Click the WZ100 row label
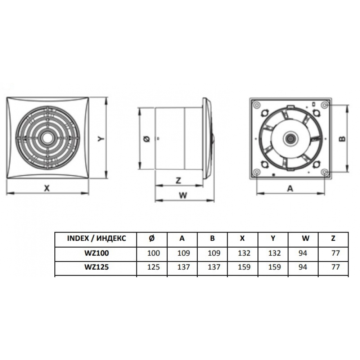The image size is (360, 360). [96, 253]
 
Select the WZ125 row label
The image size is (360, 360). [96, 267]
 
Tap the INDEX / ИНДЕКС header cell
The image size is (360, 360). [96, 238]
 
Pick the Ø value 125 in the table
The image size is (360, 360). [153, 267]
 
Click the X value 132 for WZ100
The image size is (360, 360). [244, 253]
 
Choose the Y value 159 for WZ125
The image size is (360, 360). [274, 267]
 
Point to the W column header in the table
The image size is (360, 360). [305, 238]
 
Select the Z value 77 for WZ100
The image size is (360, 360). [336, 253]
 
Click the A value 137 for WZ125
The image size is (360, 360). [184, 267]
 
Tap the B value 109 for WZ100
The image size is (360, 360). [214, 253]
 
